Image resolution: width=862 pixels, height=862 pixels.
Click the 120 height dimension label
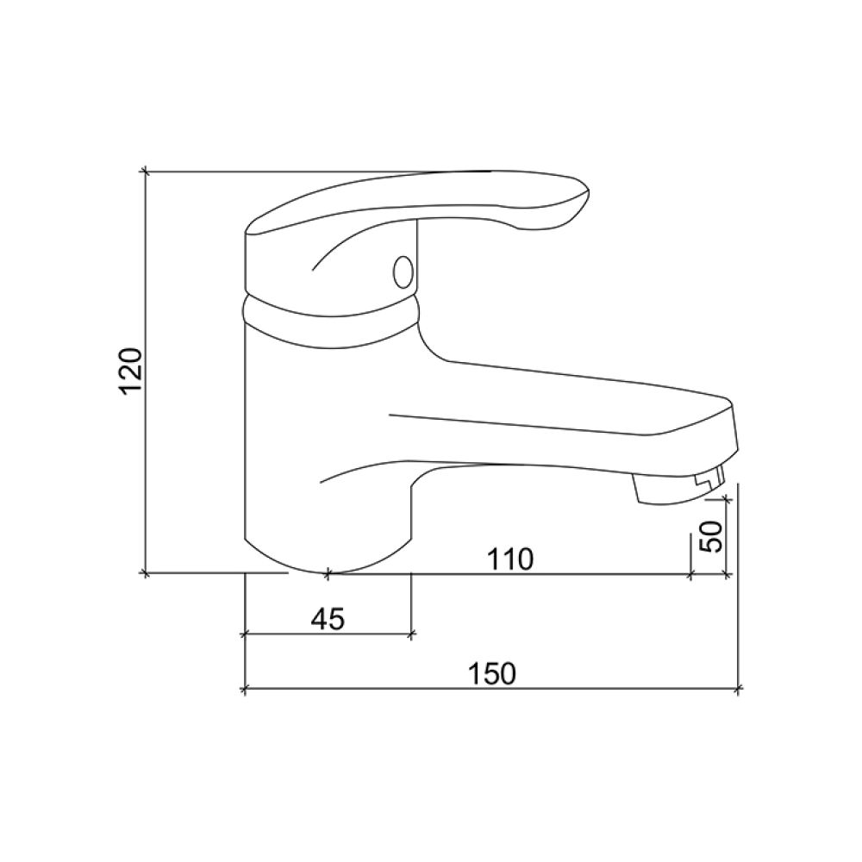point(131,371)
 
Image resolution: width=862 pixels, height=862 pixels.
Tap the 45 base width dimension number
point(328,620)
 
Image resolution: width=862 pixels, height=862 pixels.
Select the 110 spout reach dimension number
point(509,559)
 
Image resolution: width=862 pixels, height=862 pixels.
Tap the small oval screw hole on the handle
point(403,271)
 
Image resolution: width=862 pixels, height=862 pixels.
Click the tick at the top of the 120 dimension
point(145,172)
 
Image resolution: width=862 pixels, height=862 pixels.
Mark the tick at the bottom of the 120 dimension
point(145,574)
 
